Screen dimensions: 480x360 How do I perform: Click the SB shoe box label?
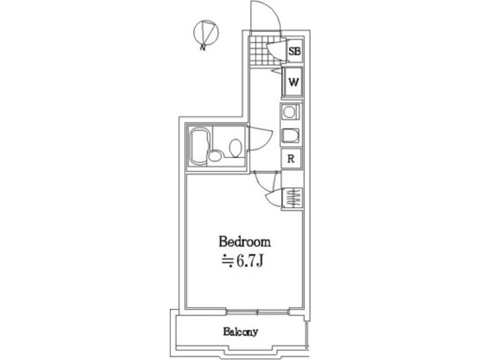295,51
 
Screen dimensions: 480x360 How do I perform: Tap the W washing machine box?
293,82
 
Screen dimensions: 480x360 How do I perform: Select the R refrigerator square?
291,158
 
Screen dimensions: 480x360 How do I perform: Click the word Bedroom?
245,242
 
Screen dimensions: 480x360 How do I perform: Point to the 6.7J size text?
242,261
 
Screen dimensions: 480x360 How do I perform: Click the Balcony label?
241,332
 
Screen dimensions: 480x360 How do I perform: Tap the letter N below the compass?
202,47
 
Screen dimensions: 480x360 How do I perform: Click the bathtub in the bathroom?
200,146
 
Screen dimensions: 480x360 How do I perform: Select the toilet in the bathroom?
235,148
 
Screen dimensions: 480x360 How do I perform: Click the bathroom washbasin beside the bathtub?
215,155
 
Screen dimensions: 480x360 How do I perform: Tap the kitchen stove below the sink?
290,136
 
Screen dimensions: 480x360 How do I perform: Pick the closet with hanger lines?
292,197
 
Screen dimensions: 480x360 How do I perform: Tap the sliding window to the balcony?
258,312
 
